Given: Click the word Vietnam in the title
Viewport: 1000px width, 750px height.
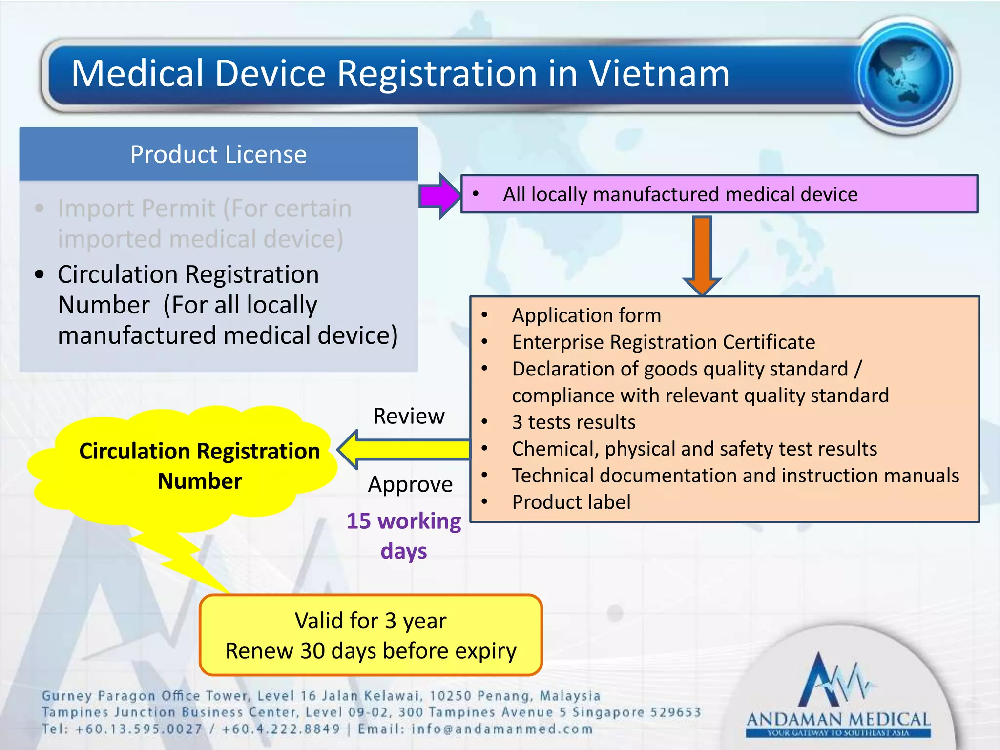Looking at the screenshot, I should coord(659,74).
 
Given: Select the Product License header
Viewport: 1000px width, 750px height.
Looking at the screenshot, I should coord(218,155).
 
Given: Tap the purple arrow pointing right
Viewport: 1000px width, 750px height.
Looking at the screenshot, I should coord(439,196).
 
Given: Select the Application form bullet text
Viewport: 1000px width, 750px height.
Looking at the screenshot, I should coord(586,315).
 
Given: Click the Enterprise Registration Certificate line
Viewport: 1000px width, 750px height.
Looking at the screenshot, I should coord(663,342).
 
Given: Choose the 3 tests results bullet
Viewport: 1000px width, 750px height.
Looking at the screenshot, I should coord(573,422).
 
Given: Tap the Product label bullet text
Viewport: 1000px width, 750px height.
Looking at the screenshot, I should coord(571,502).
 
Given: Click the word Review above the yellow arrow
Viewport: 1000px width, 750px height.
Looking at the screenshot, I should coord(409,417).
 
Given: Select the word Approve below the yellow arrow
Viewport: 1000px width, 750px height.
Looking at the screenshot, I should coord(410,484).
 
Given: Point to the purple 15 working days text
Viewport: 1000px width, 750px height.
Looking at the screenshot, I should coord(404,536).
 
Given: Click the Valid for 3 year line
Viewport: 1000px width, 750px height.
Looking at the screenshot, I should coord(371,621).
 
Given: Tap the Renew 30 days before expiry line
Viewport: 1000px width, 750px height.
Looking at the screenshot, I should coord(371,651).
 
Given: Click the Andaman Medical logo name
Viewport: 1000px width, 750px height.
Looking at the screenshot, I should coord(838,719).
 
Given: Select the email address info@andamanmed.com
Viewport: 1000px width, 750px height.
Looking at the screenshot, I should coord(502,729).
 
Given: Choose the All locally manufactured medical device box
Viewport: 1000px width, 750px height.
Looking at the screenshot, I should coord(719,194).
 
